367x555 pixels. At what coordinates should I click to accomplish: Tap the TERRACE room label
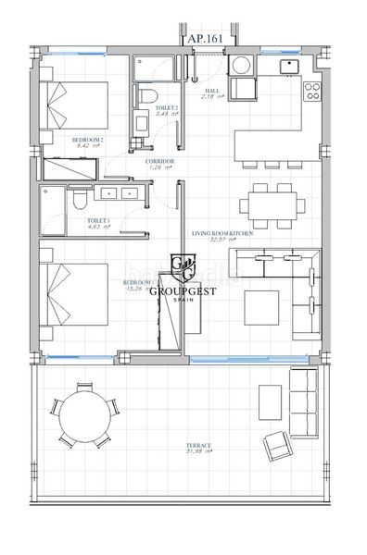[199, 445]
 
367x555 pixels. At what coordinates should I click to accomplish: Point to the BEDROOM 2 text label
[87, 139]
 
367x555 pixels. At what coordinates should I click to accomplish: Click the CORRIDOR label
[159, 161]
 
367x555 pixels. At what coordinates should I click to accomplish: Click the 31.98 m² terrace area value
[199, 452]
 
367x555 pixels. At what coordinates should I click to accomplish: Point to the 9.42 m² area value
[86, 145]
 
